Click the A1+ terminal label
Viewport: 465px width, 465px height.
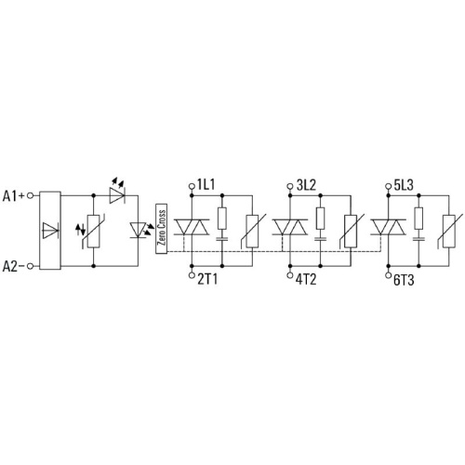click(13, 196)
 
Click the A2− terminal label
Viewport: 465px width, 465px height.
click(13, 266)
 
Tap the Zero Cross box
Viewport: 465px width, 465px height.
click(162, 229)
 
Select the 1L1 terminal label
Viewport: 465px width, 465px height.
click(206, 185)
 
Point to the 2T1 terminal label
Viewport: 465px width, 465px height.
click(207, 279)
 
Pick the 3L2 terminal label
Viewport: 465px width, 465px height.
click(306, 185)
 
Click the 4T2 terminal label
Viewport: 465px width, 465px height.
click(306, 279)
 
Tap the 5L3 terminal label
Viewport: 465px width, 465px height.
click(404, 185)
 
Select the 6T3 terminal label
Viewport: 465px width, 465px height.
click(404, 280)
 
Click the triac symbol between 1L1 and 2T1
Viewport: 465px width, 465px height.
click(192, 227)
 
